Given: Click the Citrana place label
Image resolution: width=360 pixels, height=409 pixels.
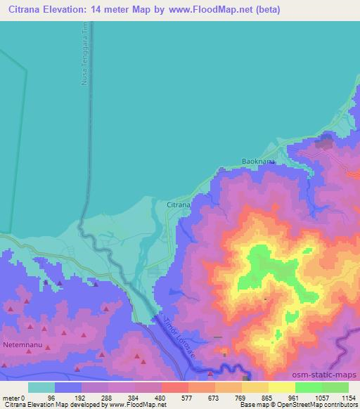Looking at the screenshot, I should tap(178, 204).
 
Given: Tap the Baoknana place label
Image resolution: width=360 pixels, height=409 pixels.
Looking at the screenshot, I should tap(255, 161).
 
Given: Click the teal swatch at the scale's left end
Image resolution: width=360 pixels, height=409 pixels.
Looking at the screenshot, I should tap(41, 387).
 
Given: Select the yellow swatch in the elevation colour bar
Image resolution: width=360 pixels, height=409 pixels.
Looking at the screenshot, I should tap(281, 387).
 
